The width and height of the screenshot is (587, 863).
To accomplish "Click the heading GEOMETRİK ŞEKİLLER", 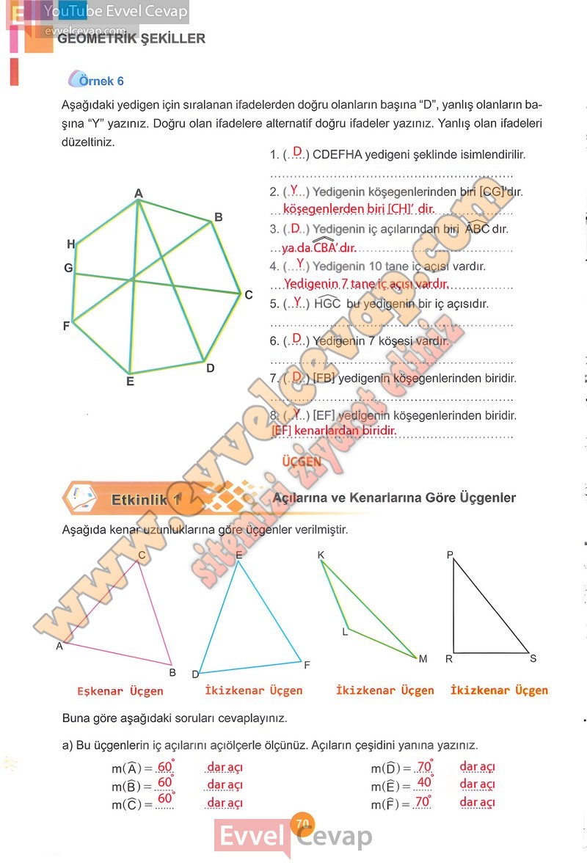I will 131,39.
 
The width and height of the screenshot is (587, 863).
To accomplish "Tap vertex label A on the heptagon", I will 138,193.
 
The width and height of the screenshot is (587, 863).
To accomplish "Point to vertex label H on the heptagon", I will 70,244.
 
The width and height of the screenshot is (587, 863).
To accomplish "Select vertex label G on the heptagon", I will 68,269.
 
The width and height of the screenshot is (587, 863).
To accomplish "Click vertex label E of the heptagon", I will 130,382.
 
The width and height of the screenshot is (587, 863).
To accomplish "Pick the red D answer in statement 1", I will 297,152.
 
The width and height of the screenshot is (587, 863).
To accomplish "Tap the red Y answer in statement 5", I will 297,302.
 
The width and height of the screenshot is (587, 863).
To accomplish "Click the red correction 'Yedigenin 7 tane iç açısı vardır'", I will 365,283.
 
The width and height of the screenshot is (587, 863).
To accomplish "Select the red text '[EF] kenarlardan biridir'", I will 334,431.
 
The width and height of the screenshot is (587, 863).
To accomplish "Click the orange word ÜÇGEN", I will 302,462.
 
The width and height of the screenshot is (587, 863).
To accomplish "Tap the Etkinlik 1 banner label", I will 145,500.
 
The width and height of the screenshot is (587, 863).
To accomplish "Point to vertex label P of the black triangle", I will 451,556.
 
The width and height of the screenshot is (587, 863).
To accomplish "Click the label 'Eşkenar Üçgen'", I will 120,691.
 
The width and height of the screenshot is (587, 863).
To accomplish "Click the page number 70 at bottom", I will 302,823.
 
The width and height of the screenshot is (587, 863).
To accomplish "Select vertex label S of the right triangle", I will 533,658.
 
